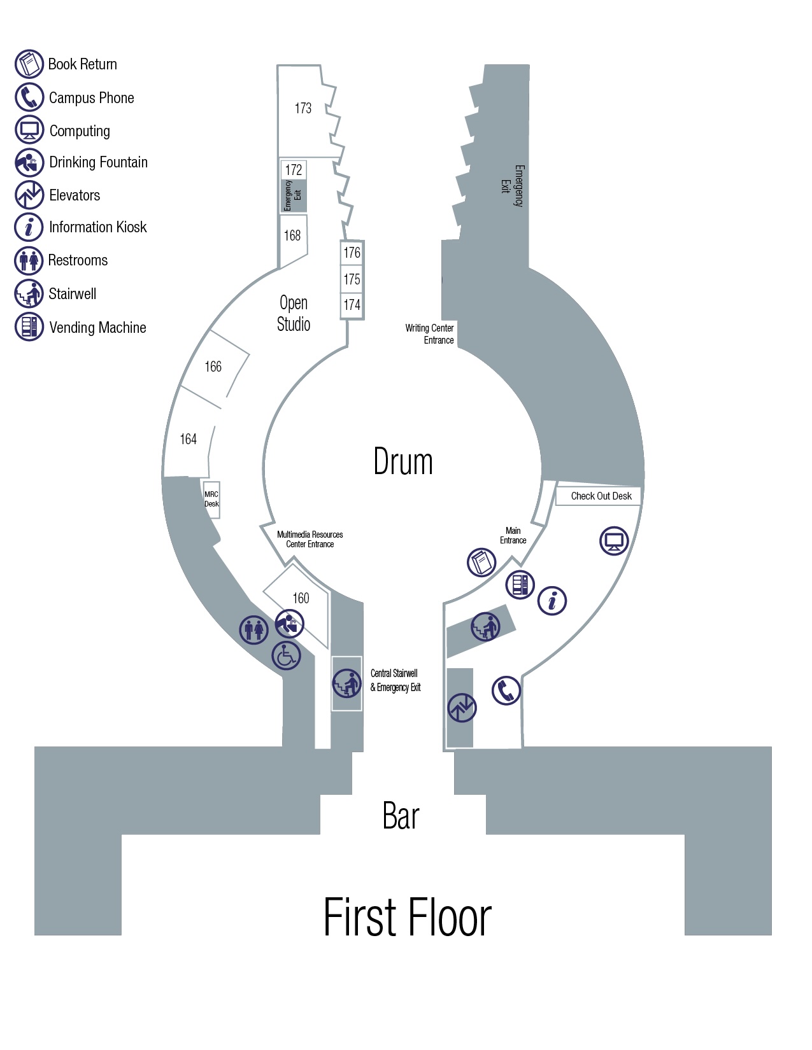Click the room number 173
[x=303, y=108]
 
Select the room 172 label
[x=293, y=170]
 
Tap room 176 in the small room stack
[x=352, y=252]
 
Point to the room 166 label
[x=213, y=367]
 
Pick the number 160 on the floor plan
[x=301, y=598]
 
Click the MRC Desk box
[x=211, y=499]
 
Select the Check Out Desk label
[x=601, y=496]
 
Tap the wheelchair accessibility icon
[x=287, y=655]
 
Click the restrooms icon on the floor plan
[x=254, y=629]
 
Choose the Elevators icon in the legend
[x=29, y=195]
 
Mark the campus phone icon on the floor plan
[x=506, y=690]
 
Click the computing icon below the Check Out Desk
[x=614, y=541]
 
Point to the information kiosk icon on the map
[x=552, y=601]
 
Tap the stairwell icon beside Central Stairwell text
[x=346, y=683]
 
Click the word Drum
[x=403, y=461]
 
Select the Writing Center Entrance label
[x=429, y=334]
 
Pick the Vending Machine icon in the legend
[x=29, y=326]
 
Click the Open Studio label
[x=293, y=313]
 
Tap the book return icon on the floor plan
[x=481, y=563]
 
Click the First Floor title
[x=407, y=916]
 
